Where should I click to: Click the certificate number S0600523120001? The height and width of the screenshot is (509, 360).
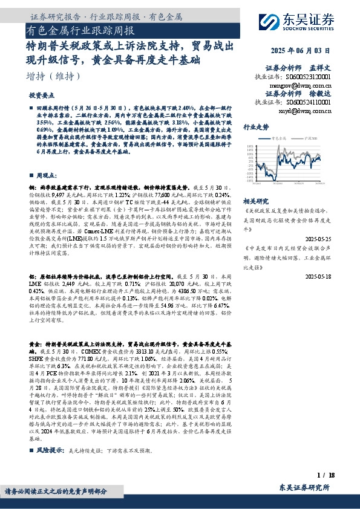(309, 77)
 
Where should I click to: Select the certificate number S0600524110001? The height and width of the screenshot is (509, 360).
(309, 103)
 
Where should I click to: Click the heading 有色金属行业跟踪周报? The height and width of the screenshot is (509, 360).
(81, 31)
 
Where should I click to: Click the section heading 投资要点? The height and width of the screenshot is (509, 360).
(41, 96)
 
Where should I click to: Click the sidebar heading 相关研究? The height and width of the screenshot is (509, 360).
(255, 200)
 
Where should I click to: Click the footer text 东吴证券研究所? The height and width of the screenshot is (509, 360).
(304, 487)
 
